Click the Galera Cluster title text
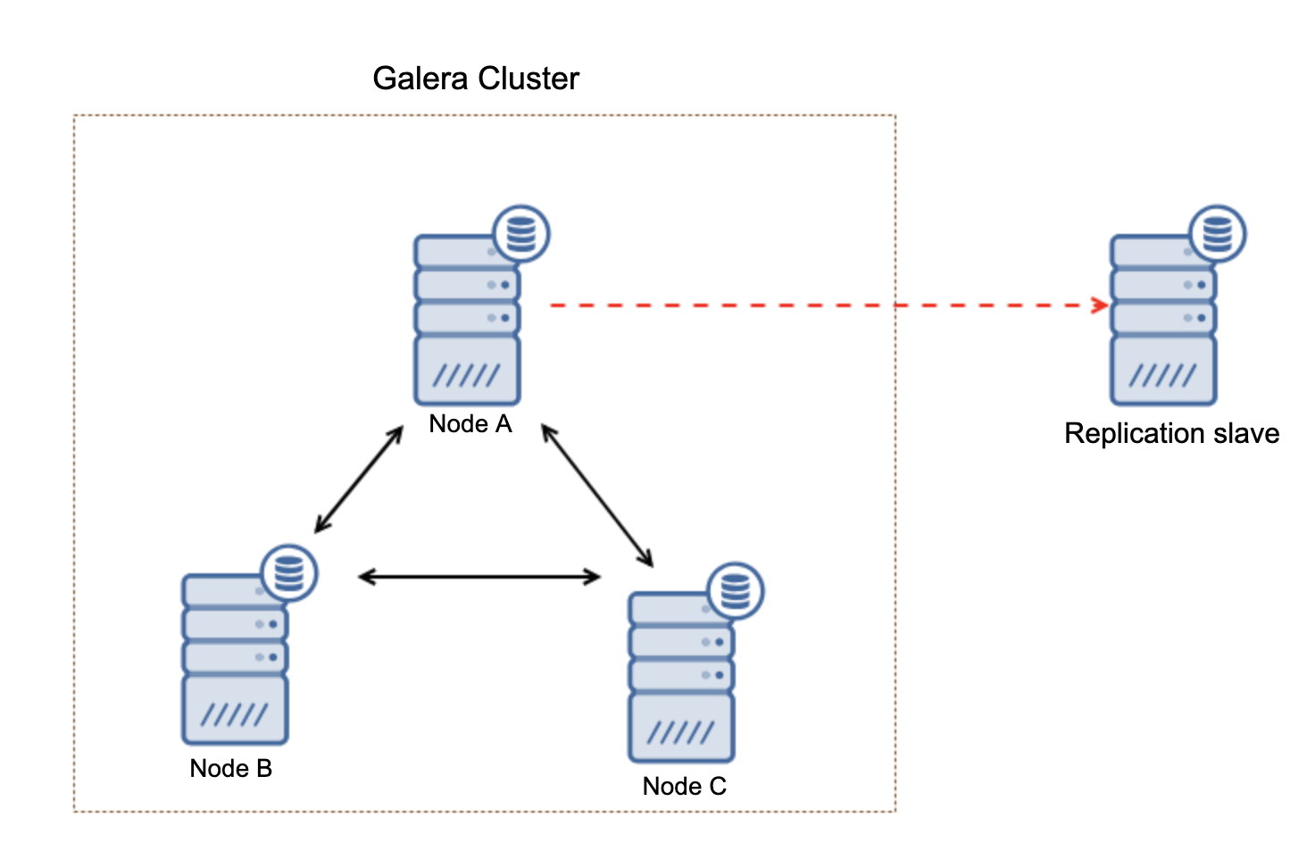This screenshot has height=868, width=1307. click(x=476, y=79)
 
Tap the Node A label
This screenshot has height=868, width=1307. click(x=470, y=424)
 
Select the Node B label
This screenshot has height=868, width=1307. click(x=231, y=768)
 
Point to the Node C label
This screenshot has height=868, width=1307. click(x=685, y=786)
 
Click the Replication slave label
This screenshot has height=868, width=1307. click(x=1171, y=434)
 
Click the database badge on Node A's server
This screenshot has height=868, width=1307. click(x=521, y=233)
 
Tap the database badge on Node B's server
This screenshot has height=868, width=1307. click(x=289, y=572)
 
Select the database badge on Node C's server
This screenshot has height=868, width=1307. click(x=736, y=591)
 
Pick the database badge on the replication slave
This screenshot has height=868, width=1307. click(x=1218, y=233)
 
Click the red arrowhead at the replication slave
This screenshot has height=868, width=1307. click(x=1101, y=305)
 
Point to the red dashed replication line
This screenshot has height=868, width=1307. click(x=829, y=305)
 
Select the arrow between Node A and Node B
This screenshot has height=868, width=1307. click(x=359, y=480)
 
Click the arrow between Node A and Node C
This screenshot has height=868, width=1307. click(x=597, y=495)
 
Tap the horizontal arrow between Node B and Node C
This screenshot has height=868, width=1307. click(x=479, y=577)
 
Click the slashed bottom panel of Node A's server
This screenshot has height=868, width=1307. click(x=467, y=370)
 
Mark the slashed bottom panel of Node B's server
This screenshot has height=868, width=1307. click(x=235, y=710)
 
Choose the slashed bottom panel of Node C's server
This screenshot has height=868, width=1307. click(x=681, y=728)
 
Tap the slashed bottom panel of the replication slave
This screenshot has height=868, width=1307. click(x=1163, y=370)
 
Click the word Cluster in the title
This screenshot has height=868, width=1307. click(x=528, y=79)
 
